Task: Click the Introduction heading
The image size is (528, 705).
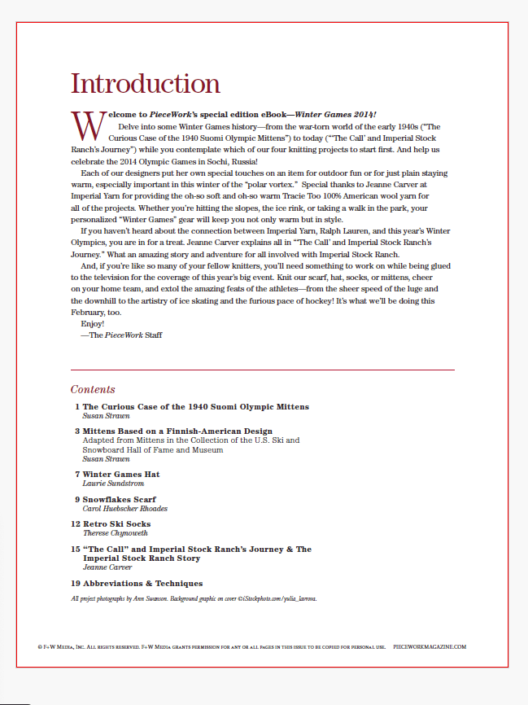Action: tap(146, 83)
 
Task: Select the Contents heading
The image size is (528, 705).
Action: tap(93, 390)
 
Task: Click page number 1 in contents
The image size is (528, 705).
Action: tap(77, 406)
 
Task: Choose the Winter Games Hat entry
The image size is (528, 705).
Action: tap(121, 474)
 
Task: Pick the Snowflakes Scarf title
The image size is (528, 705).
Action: tap(120, 499)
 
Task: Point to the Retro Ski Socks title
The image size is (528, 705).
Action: tap(116, 524)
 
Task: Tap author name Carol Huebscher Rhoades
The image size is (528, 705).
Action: tap(126, 508)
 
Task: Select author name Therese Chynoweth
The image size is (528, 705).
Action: tap(116, 533)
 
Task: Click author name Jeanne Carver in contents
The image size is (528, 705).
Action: tap(107, 567)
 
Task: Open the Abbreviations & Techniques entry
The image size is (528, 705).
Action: tap(142, 584)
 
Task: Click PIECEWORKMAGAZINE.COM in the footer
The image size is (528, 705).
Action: tap(430, 646)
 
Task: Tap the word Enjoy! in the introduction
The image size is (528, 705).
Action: tap(93, 323)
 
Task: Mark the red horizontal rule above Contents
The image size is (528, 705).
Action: tap(262, 370)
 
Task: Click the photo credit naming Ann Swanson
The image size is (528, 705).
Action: tap(194, 598)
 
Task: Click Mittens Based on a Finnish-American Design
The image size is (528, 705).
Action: tap(177, 431)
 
